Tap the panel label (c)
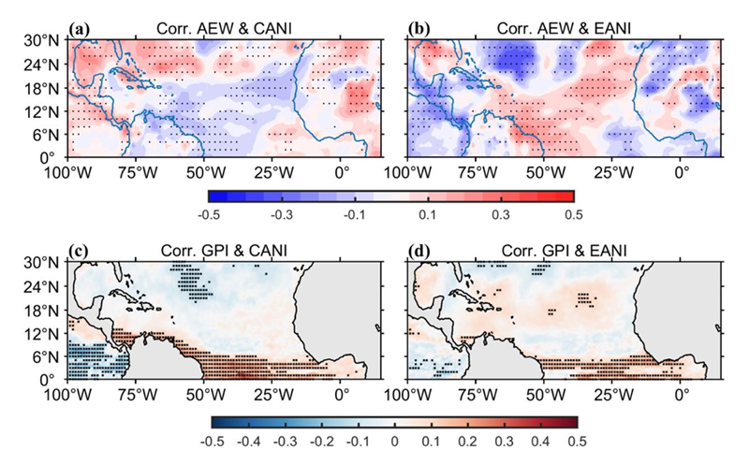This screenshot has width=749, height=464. click(82, 251)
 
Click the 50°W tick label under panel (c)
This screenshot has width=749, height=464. click(205, 394)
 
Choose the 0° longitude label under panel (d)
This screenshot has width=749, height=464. click(682, 394)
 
